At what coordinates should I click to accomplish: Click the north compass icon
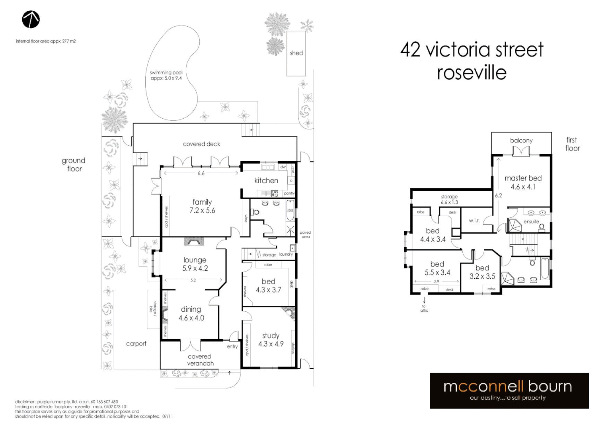[x=31, y=20]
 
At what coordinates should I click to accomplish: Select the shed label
[x=296, y=53]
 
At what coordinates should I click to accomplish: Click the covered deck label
[x=201, y=144]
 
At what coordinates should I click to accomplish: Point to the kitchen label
[x=266, y=180]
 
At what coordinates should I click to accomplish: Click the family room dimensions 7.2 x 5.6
[x=202, y=211]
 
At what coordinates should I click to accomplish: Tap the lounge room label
[x=195, y=260]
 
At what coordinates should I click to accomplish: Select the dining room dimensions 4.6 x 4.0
[x=191, y=318]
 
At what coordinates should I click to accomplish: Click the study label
[x=271, y=336]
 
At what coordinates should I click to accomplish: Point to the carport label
[x=136, y=344]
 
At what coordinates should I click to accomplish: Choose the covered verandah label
[x=200, y=360]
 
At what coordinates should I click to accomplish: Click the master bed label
[x=523, y=178]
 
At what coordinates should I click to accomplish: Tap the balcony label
[x=521, y=141]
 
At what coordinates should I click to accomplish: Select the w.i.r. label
[x=474, y=220]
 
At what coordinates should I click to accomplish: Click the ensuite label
[x=531, y=222]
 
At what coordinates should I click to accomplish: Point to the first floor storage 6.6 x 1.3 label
[x=449, y=199]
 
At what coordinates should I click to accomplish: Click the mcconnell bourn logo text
[x=508, y=387]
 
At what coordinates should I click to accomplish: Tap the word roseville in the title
[x=472, y=73]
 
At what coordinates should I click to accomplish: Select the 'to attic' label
[x=424, y=309]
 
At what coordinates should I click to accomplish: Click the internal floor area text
[x=46, y=41]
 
